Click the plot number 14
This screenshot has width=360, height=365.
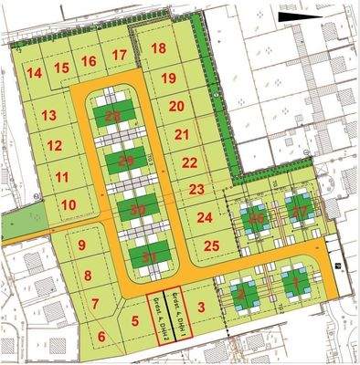[35, 73]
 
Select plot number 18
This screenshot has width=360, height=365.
[159, 48]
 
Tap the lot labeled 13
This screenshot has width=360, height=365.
[48, 115]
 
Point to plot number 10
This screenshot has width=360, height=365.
[68, 204]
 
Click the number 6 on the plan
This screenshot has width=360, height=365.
[101, 337]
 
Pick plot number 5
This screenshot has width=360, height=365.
[136, 320]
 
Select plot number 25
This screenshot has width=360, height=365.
[212, 245]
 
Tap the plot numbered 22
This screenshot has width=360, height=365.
[190, 162]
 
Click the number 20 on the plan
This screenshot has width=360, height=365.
[177, 106]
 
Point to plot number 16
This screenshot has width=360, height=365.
[89, 61]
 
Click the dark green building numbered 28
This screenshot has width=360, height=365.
[113, 117]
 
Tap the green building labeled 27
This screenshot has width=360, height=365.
[299, 212]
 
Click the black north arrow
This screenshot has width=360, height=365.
[297, 16]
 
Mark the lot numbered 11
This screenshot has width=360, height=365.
[62, 176]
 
